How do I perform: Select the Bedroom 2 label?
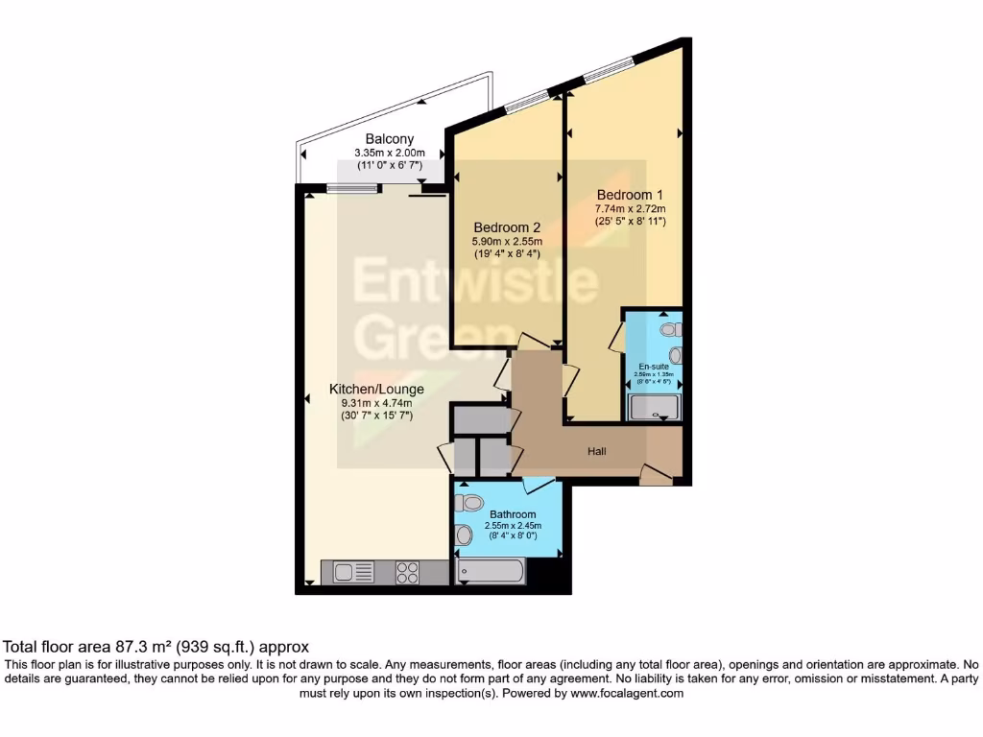coord(507,227)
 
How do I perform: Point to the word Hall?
coord(597,452)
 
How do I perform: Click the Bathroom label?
coord(511,514)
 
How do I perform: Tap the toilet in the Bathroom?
coord(471,503)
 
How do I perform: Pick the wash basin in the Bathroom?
coord(464,535)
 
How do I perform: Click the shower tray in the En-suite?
coord(655,409)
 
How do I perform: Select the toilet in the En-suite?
coord(670,329)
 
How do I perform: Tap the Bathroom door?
coord(534,484)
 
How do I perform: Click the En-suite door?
coord(617,337)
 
